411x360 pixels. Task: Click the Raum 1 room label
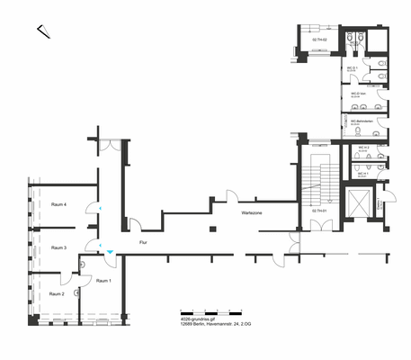[x=103, y=282]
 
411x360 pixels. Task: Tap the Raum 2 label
[x=57, y=294]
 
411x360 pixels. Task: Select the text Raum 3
[x=58, y=247]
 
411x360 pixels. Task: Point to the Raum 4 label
[x=59, y=205]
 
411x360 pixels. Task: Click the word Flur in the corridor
[x=143, y=243]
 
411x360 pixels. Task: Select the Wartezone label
[x=251, y=213]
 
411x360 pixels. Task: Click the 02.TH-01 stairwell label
[x=318, y=209]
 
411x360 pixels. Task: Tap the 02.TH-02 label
[x=318, y=40]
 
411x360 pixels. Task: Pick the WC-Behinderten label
[x=363, y=120]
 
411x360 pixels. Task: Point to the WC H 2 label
[x=363, y=147]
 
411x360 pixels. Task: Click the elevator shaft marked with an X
[x=357, y=203]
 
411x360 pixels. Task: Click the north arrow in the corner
[x=43, y=32]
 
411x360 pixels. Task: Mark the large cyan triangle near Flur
[x=110, y=253]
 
